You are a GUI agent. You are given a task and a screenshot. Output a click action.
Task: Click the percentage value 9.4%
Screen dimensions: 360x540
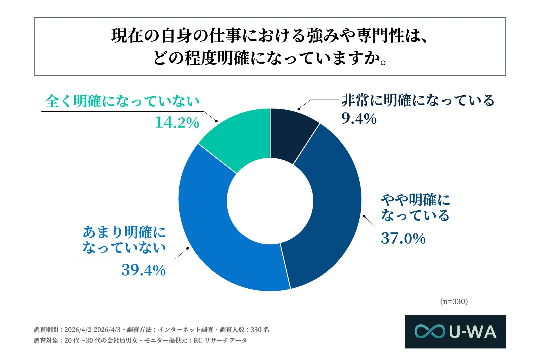click(359, 119)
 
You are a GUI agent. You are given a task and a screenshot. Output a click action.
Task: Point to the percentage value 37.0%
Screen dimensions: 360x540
click(403, 238)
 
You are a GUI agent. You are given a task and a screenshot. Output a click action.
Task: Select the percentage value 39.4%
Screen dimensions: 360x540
click(143, 270)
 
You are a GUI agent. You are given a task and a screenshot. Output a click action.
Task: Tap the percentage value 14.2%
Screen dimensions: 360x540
click(177, 123)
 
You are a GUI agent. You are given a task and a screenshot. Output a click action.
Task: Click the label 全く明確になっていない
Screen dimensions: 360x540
click(122, 101)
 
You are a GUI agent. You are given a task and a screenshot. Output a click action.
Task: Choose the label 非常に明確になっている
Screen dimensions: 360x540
click(418, 101)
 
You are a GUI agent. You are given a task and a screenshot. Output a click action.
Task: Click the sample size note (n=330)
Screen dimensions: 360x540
click(454, 301)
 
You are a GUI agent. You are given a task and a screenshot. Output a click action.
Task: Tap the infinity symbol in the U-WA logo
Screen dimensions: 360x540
click(429, 332)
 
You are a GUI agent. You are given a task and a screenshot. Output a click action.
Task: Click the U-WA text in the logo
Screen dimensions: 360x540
click(472, 332)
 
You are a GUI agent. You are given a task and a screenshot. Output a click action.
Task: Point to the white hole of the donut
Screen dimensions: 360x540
click(270, 201)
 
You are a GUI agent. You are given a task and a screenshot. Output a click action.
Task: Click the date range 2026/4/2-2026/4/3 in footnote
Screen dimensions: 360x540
click(92, 330)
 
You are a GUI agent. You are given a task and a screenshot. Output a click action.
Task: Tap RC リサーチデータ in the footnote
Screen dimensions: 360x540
click(220, 341)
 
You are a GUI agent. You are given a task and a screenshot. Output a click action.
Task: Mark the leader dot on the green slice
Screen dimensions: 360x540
click(216, 121)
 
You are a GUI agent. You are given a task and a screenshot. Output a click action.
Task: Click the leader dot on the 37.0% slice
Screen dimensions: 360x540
click(364, 216)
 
